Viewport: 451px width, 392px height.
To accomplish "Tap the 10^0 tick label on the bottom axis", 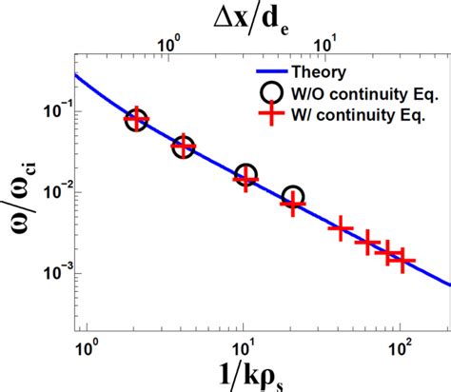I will (88, 335).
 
